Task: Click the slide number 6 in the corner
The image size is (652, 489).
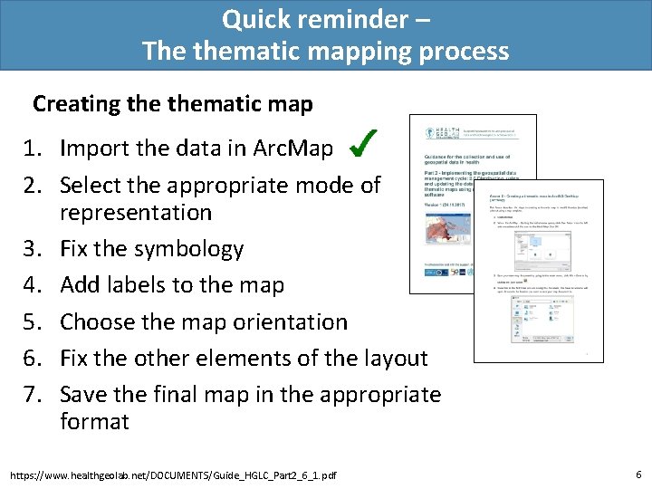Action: (x=638, y=474)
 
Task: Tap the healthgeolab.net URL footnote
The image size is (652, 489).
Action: (x=172, y=475)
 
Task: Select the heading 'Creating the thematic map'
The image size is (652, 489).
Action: (x=173, y=104)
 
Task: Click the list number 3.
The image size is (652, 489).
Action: (x=41, y=249)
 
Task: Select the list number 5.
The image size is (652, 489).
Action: (x=41, y=321)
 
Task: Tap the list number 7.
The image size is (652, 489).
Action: (x=41, y=394)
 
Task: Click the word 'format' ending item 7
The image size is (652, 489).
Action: (x=95, y=421)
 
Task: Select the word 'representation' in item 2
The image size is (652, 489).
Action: (x=136, y=213)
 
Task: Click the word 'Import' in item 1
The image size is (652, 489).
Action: (x=95, y=148)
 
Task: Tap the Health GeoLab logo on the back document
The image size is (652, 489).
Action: (x=432, y=131)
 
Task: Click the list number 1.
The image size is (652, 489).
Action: (x=41, y=148)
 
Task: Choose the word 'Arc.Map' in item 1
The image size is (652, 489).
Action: (x=295, y=148)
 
